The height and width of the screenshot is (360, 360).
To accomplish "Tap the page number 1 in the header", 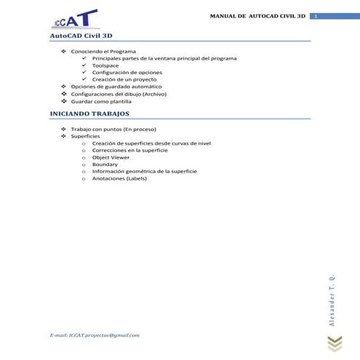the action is click(316, 16).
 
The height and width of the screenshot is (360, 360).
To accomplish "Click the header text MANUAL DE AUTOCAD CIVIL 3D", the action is click(257, 16).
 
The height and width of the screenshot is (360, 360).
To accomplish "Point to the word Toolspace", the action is click(107, 65).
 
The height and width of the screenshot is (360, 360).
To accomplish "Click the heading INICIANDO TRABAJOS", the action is click(89, 114).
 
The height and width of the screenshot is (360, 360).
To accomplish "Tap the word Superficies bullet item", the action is click(86, 137).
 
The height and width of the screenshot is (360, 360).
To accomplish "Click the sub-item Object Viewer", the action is click(111, 157).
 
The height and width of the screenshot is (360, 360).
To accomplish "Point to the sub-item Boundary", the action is click(105, 164).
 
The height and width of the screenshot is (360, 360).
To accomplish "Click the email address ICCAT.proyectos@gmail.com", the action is click(94, 335).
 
